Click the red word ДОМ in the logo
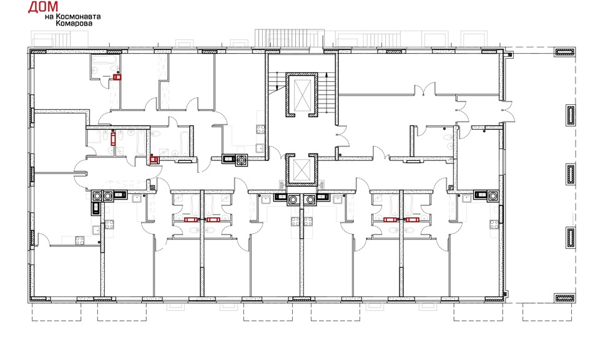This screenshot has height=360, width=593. [x=43, y=6]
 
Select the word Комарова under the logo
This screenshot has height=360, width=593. [x=74, y=24]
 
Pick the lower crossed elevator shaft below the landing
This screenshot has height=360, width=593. [x=301, y=170]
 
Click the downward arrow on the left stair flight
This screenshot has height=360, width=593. [x=277, y=81]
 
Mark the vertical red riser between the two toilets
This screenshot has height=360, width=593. [x=113, y=139]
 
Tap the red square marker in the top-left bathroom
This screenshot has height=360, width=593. [x=117, y=77]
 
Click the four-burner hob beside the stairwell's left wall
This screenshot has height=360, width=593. [x=260, y=129]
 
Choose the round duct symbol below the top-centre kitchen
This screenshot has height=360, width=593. [x=242, y=160]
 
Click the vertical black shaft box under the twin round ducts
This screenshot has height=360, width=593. [x=96, y=208]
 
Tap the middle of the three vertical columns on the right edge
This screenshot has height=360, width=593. [x=571, y=174]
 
